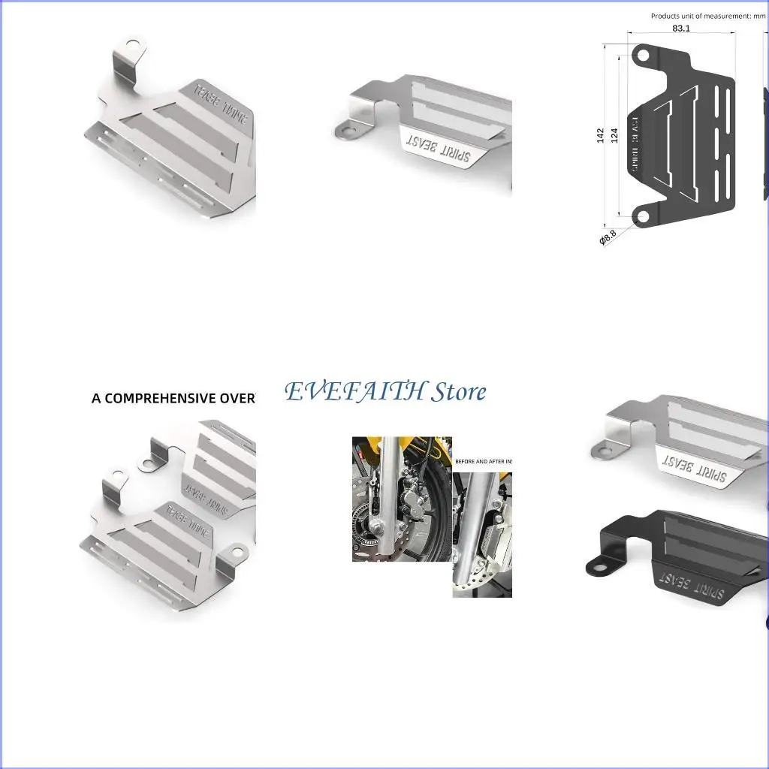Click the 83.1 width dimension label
[x=681, y=28]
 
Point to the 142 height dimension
[x=601, y=135]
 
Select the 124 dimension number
[x=614, y=135]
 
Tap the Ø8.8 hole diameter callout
[x=608, y=237]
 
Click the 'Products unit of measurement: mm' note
[x=707, y=16]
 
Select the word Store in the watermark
[x=458, y=391]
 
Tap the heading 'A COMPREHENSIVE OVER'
[x=173, y=398]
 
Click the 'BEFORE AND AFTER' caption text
[x=482, y=461]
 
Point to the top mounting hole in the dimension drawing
[x=643, y=54]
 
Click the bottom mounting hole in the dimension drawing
[x=642, y=216]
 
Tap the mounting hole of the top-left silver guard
[x=133, y=45]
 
